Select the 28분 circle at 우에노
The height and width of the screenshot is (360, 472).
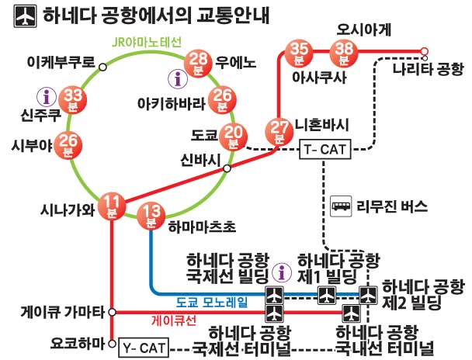coord(199,61)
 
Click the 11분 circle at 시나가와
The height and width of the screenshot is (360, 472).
coord(113,203)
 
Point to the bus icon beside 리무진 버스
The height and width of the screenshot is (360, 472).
coord(342,206)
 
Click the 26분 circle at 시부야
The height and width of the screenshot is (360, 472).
coord(69,144)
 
